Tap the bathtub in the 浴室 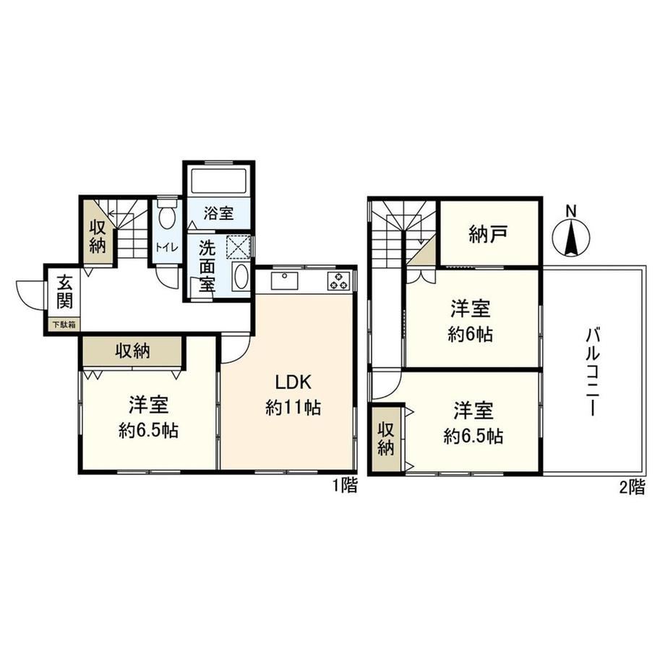click(x=218, y=181)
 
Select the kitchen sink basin click(x=284, y=280)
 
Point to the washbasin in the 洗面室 click(x=241, y=276)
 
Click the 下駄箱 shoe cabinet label click(x=64, y=325)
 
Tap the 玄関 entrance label click(x=64, y=291)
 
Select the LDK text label click(x=293, y=382)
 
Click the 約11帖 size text click(x=293, y=408)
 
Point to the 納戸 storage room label click(x=489, y=233)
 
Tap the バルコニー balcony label click(x=593, y=372)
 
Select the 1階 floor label click(x=345, y=486)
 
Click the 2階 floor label click(x=632, y=487)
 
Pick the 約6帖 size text click(x=471, y=335)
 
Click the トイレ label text click(x=167, y=247)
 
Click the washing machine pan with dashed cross click(x=239, y=246)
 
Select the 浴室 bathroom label click(x=219, y=213)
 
